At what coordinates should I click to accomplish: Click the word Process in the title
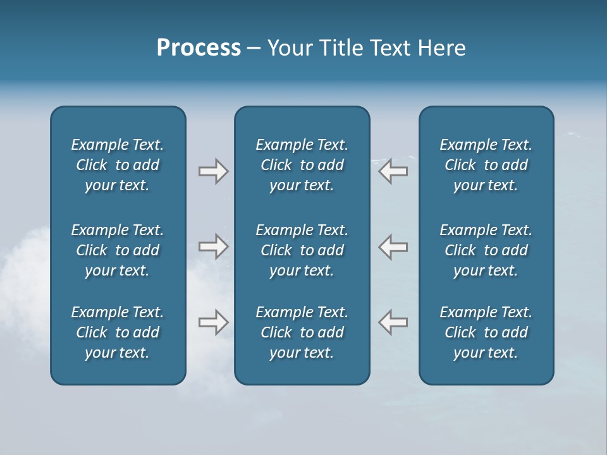[199, 48]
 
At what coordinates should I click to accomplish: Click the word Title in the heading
[341, 48]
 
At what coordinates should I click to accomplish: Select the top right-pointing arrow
[214, 171]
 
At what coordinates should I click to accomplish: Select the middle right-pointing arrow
[214, 246]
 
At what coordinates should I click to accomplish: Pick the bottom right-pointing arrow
[214, 322]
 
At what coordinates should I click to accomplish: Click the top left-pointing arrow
[393, 171]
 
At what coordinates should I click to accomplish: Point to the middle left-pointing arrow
[393, 246]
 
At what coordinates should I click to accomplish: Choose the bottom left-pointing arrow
[393, 322]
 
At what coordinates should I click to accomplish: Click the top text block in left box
[118, 165]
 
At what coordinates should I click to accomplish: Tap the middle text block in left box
[118, 250]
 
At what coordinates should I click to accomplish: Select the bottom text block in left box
[118, 332]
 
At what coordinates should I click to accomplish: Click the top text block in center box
[302, 165]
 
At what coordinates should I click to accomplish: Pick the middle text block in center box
[302, 250]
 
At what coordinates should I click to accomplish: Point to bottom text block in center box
[302, 332]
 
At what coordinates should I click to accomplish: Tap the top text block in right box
[486, 165]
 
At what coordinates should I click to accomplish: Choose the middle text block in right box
[486, 250]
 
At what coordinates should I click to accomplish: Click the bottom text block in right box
[486, 332]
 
